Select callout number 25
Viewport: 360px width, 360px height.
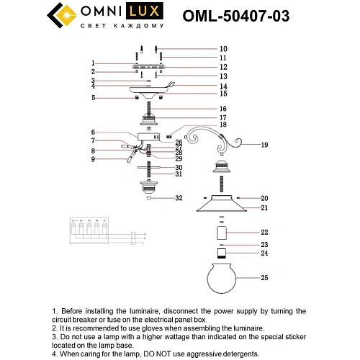(x=264, y=277)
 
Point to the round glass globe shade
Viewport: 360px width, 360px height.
(x=222, y=277)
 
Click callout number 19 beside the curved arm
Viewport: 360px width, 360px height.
(x=264, y=145)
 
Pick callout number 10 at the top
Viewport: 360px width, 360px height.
(x=203, y=49)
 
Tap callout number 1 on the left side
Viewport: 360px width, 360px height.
(x=93, y=63)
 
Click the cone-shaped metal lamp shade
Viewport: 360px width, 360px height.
(x=222, y=207)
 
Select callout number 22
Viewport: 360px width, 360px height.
(x=264, y=233)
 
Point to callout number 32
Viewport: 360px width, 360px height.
(x=179, y=198)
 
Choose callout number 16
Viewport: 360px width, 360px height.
(x=203, y=108)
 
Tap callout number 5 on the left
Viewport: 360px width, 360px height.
(x=93, y=97)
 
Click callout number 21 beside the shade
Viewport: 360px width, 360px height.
(x=264, y=208)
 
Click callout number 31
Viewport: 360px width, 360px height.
(x=179, y=174)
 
